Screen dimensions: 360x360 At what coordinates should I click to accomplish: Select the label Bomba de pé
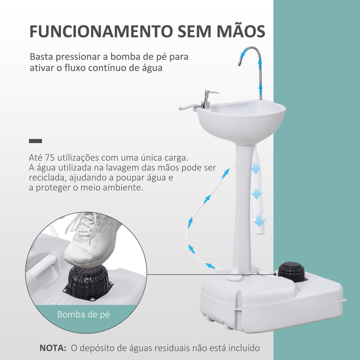(x=83, y=314)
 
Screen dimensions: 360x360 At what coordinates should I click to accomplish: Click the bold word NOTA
(x=52, y=347)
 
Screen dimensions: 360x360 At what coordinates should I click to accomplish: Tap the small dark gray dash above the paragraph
(x=35, y=141)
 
